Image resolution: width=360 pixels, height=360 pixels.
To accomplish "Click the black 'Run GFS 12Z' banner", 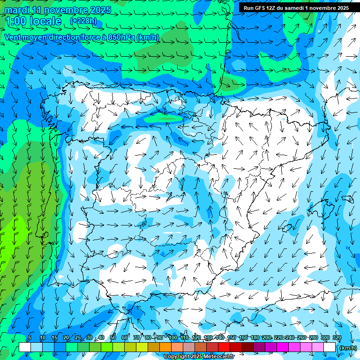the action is (x=296, y=8).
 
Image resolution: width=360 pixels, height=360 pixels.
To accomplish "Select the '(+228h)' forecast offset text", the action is (x=83, y=21).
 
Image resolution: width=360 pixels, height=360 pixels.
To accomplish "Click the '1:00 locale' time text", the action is (x=33, y=21).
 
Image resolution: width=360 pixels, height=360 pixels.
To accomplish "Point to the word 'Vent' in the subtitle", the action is (x=13, y=37).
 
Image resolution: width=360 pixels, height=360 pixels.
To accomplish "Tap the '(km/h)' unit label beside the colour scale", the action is (x=348, y=347).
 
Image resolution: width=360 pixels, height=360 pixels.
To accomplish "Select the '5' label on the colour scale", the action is (x=30, y=337).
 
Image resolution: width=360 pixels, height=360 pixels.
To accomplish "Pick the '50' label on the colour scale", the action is (x=113, y=337).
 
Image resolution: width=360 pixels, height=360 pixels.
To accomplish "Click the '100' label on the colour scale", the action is (x=173, y=337).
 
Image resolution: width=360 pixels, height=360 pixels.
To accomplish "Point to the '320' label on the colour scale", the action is (x=337, y=337).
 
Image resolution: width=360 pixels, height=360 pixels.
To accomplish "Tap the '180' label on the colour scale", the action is (x=255, y=337).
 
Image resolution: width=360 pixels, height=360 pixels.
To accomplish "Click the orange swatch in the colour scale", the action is (x=165, y=347).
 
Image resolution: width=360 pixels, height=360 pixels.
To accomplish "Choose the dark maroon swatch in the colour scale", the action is (x=247, y=347).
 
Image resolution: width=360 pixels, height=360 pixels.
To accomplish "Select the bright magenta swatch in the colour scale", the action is (x=283, y=347).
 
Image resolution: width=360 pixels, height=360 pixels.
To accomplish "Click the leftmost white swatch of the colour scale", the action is (x=25, y=347).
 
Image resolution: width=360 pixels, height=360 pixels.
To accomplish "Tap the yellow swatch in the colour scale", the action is (x=130, y=347).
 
